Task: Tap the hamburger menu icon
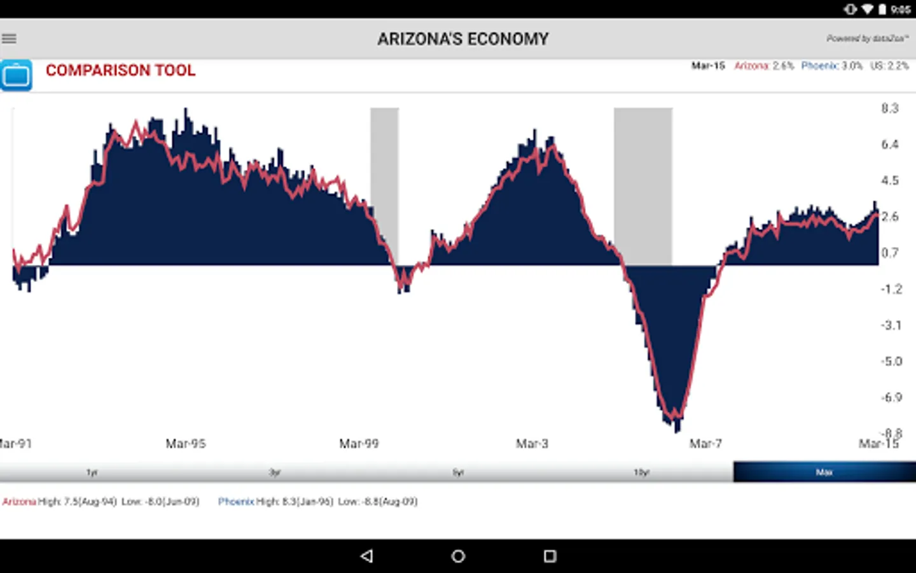pyautogui.click(x=10, y=39)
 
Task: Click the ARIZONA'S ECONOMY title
pyautogui.click(x=462, y=39)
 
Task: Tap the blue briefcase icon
pyautogui.click(x=16, y=75)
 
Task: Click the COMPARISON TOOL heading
pyautogui.click(x=120, y=70)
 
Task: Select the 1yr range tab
pyautogui.click(x=92, y=472)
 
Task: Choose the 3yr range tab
pyautogui.click(x=275, y=472)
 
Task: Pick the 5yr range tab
pyautogui.click(x=458, y=472)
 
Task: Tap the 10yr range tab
pyautogui.click(x=641, y=472)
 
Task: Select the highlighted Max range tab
pyautogui.click(x=824, y=472)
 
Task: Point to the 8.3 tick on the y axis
pyautogui.click(x=890, y=108)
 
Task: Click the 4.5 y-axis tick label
pyautogui.click(x=890, y=181)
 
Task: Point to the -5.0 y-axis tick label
pyautogui.click(x=891, y=362)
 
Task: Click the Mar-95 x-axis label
pyautogui.click(x=186, y=444)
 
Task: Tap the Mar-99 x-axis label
pyautogui.click(x=359, y=444)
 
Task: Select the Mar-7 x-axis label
pyautogui.click(x=705, y=444)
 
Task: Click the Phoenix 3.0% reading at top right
pyautogui.click(x=831, y=66)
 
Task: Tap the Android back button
pyautogui.click(x=366, y=556)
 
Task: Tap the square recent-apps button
pyautogui.click(x=550, y=556)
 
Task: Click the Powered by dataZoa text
pyautogui.click(x=867, y=38)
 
